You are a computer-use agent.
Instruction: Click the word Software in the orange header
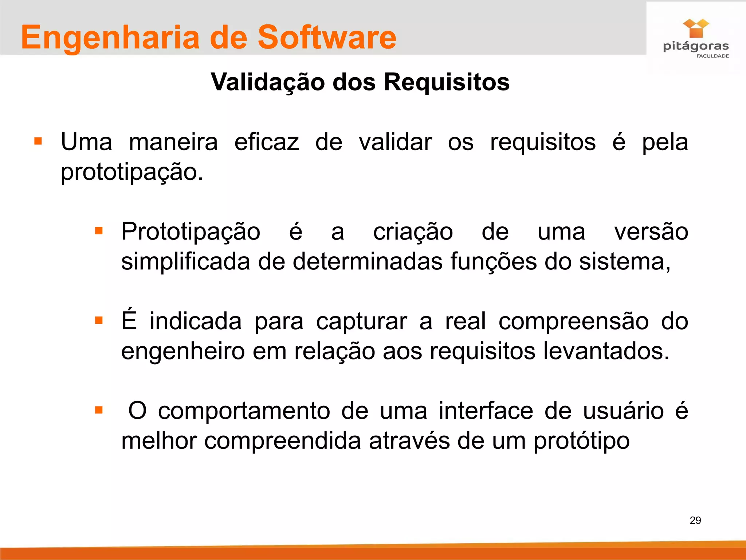coord(327,37)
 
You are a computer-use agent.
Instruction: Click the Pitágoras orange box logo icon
coord(696,28)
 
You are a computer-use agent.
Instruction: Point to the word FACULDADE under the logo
coord(712,56)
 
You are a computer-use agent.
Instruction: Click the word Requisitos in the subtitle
coord(447,82)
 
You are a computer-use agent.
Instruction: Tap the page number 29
coord(695,520)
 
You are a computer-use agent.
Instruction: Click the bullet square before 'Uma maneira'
coord(38,141)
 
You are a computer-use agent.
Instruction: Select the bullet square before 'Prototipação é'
coord(99,231)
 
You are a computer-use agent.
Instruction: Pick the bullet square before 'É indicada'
coord(99,320)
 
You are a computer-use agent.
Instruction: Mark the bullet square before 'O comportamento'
coord(99,410)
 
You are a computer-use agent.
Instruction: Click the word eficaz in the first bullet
coord(266,142)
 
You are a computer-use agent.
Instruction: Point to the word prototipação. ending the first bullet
coord(131,172)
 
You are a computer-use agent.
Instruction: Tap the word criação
coord(413,232)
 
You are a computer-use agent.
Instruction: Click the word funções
coord(493,262)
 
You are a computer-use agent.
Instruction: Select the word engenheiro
coord(183,352)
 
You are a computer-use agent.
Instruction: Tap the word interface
coord(486,411)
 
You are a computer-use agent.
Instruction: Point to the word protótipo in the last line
coord(581,442)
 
